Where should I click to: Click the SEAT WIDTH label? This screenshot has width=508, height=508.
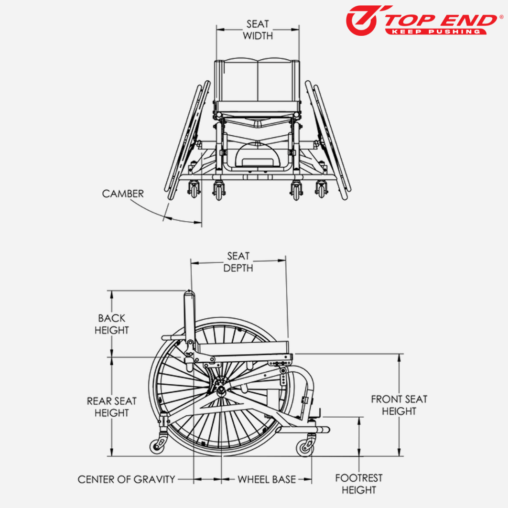[258, 30]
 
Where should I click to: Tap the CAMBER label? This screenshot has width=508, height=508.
[122, 194]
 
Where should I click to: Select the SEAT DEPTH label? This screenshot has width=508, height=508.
[238, 262]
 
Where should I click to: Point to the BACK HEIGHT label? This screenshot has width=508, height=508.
[112, 324]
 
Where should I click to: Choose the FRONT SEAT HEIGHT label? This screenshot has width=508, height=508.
[399, 405]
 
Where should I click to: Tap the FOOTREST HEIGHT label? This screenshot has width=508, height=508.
[358, 484]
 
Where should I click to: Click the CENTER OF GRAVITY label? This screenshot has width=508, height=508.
[127, 479]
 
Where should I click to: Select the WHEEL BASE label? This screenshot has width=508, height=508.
[267, 479]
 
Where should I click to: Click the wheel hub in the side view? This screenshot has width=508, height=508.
[222, 389]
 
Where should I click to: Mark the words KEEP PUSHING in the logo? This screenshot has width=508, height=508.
[435, 31]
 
